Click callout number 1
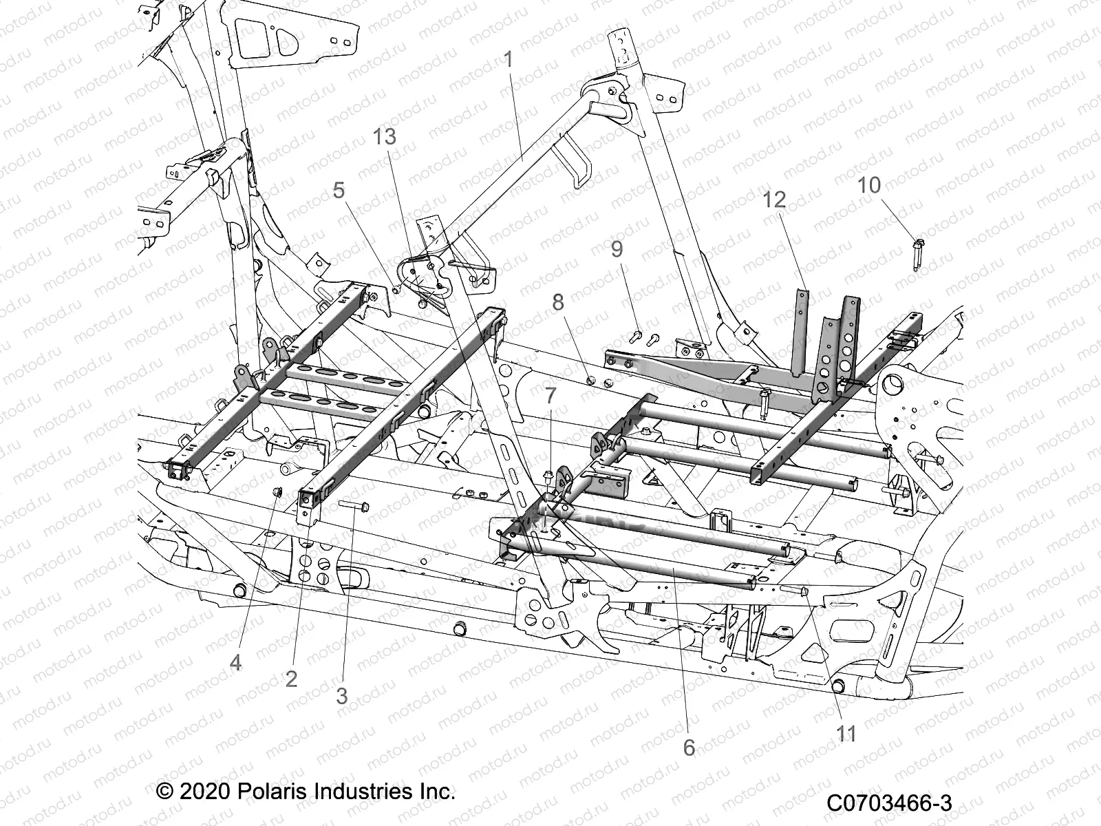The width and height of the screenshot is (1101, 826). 509,60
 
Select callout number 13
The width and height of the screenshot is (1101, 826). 385,137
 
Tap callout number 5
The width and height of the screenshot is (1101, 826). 339,191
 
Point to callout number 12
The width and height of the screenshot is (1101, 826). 774,200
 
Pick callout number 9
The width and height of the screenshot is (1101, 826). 616,249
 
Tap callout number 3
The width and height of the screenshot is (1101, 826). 342,695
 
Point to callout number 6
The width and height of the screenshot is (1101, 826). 690,747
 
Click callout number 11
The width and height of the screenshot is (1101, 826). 846,734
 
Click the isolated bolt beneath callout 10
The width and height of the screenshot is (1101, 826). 919,253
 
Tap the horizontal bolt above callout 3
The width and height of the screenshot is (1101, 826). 355,506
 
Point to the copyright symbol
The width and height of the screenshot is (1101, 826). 164,791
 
